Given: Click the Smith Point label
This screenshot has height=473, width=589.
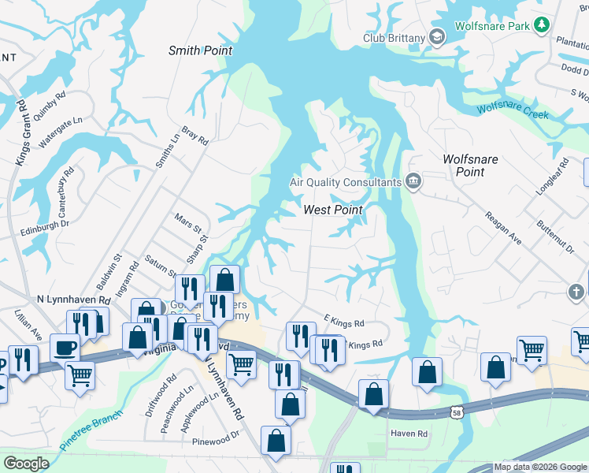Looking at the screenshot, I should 201,50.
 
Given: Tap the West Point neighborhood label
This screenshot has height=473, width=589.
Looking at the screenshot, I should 333,210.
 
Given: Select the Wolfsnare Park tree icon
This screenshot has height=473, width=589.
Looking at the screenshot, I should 541,26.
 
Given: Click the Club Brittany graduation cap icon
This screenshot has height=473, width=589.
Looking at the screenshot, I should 438,37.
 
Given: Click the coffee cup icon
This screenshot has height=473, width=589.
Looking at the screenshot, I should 64,348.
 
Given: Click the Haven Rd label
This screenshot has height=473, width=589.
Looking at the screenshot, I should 409,434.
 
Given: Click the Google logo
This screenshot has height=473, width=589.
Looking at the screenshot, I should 27,464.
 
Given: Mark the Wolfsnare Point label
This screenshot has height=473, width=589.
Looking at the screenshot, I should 470,165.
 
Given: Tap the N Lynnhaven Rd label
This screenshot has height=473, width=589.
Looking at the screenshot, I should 73,300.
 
